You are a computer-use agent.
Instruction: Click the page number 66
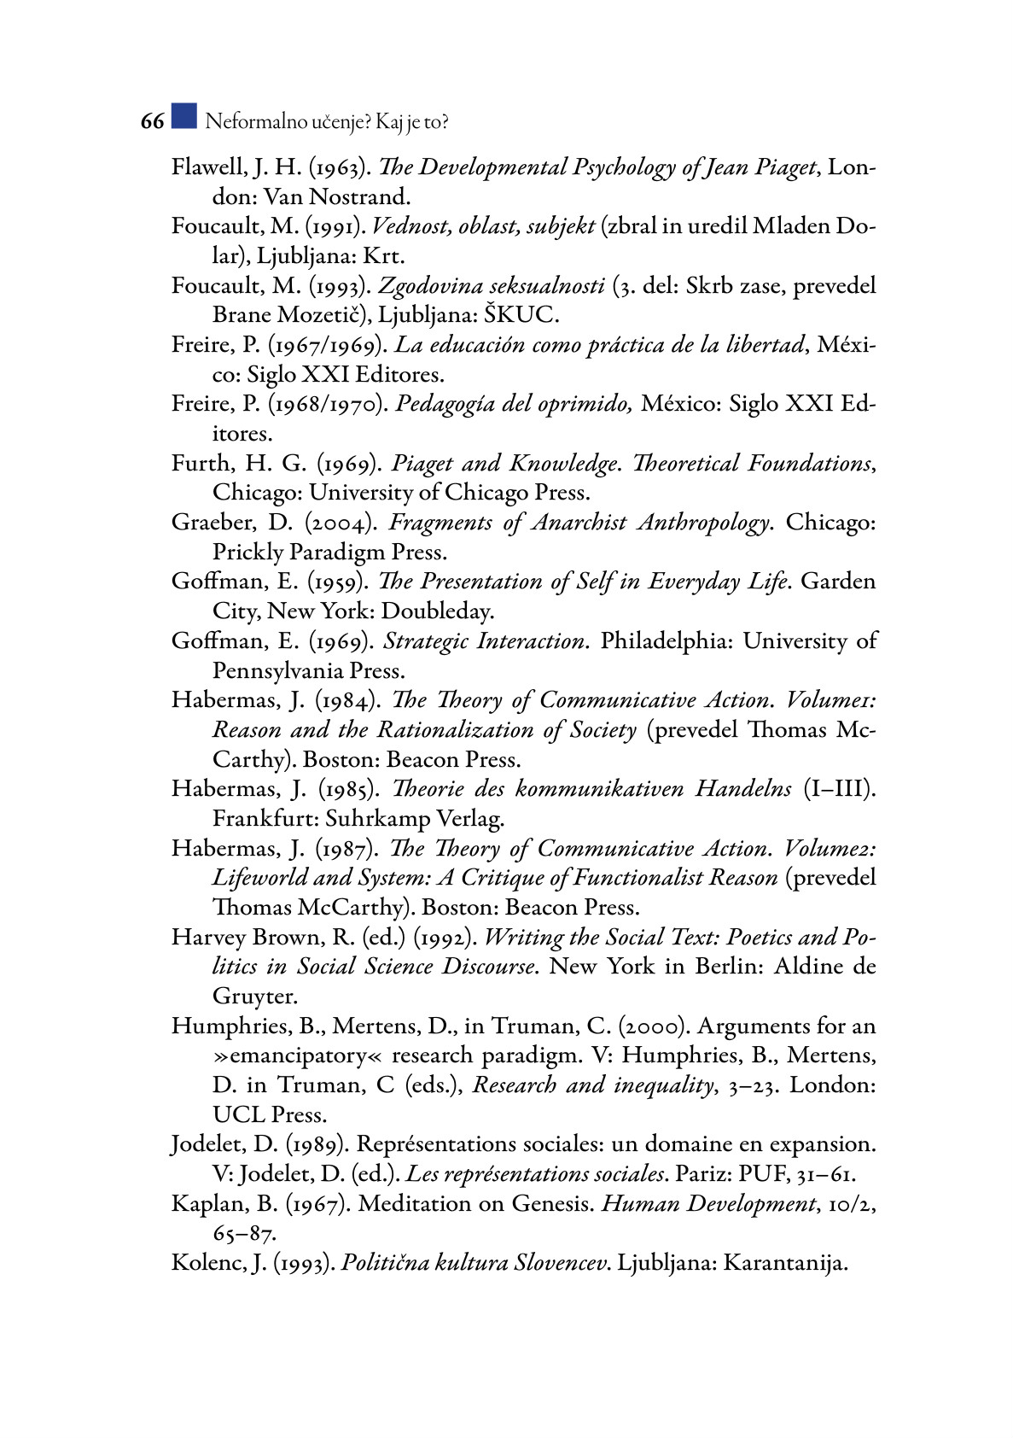click(x=152, y=122)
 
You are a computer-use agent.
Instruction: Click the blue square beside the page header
click(x=183, y=116)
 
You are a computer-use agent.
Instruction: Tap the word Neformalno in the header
click(x=245, y=122)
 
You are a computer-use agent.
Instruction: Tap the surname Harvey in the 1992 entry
click(x=208, y=938)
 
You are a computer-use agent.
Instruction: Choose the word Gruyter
click(x=253, y=997)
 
